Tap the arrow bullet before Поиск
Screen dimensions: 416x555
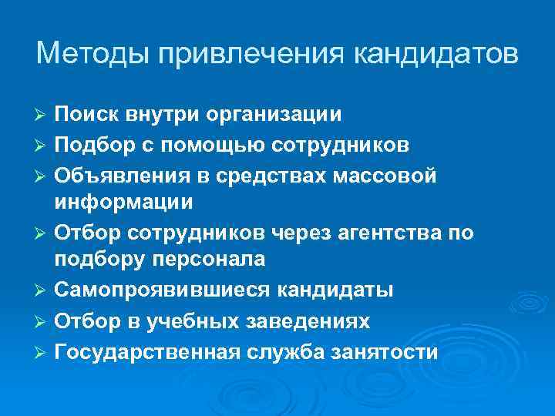tap(42, 115)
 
